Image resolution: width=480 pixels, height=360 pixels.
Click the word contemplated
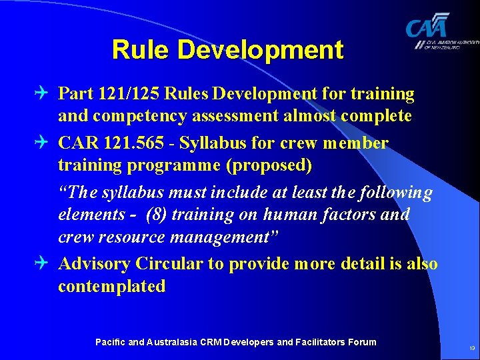pyautogui.click(x=111, y=287)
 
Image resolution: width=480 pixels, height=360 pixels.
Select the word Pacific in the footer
pyautogui.click(x=109, y=342)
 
